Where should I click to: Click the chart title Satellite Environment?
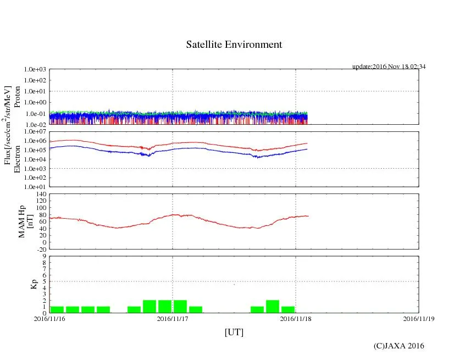pyautogui.click(x=234, y=45)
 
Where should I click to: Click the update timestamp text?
pyautogui.click(x=389, y=67)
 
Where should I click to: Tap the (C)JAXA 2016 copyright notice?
pyautogui.click(x=399, y=346)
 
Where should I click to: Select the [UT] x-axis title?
pyautogui.click(x=234, y=332)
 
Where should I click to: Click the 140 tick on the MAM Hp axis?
pyautogui.click(x=41, y=194)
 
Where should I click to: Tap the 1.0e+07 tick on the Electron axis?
pyautogui.click(x=35, y=132)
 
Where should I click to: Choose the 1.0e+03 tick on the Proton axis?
pyautogui.click(x=35, y=70)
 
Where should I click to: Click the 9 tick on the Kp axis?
pyautogui.click(x=45, y=256)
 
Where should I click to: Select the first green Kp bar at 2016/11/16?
pyautogui.click(x=57, y=309)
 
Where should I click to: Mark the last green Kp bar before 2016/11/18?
pyautogui.click(x=288, y=309)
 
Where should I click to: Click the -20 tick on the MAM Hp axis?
pyautogui.click(x=41, y=249)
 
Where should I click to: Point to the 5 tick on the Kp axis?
pyautogui.click(x=45, y=281)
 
